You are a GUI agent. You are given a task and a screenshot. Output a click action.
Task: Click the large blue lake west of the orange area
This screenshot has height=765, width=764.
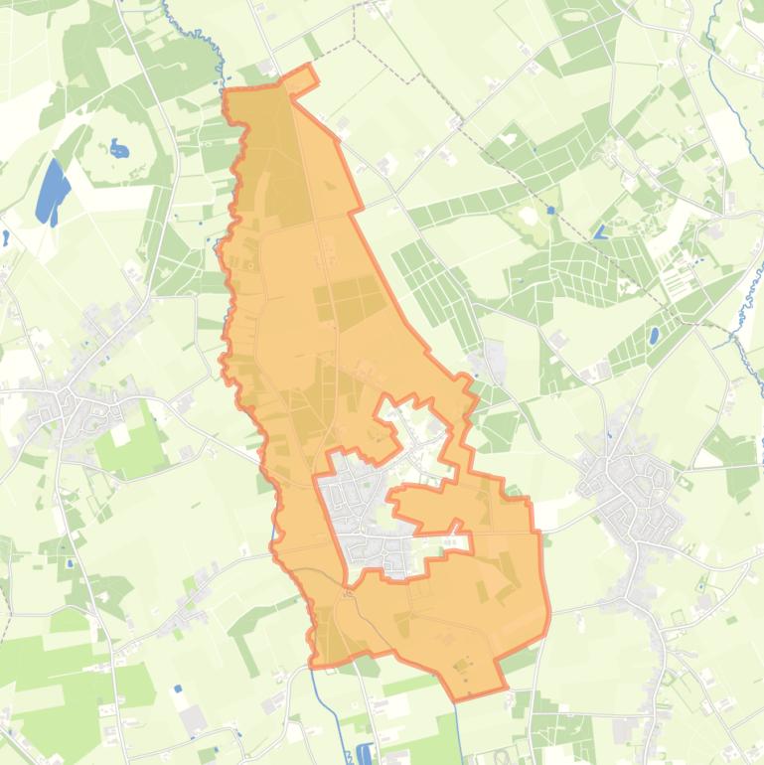click(x=50, y=192)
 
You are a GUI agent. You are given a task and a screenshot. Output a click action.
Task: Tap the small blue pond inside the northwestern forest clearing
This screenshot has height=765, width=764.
click(x=119, y=151)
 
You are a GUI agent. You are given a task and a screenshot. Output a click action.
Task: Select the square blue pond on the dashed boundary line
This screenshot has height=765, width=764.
click(x=599, y=232)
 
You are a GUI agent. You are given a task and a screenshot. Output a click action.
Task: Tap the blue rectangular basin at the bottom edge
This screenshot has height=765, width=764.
click(x=364, y=754)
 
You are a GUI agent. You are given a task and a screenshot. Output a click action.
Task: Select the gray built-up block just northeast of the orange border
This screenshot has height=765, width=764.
click(x=492, y=360)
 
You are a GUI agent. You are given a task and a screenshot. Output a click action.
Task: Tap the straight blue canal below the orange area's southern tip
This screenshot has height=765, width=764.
click(x=459, y=730)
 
